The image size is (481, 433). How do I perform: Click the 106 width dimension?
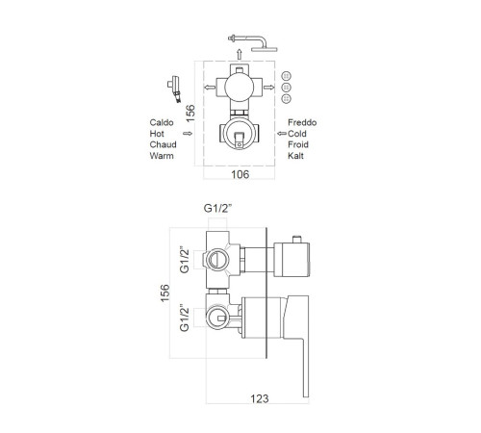pyautogui.click(x=240, y=174)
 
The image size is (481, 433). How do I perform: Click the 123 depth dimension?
pyautogui.click(x=259, y=398)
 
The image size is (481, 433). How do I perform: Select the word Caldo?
pyautogui.click(x=162, y=122)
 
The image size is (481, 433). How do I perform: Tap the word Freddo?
pyautogui.click(x=302, y=122)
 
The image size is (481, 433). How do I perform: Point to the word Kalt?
pyautogui.click(x=295, y=156)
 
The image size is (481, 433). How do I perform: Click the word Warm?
pyautogui.click(x=162, y=156)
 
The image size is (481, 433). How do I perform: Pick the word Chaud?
pyautogui.click(x=163, y=144)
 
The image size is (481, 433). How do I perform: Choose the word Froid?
pyautogui.click(x=298, y=144)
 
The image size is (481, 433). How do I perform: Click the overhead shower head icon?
pyautogui.click(x=253, y=42)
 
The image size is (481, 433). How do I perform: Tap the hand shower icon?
pyautogui.click(x=174, y=89)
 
